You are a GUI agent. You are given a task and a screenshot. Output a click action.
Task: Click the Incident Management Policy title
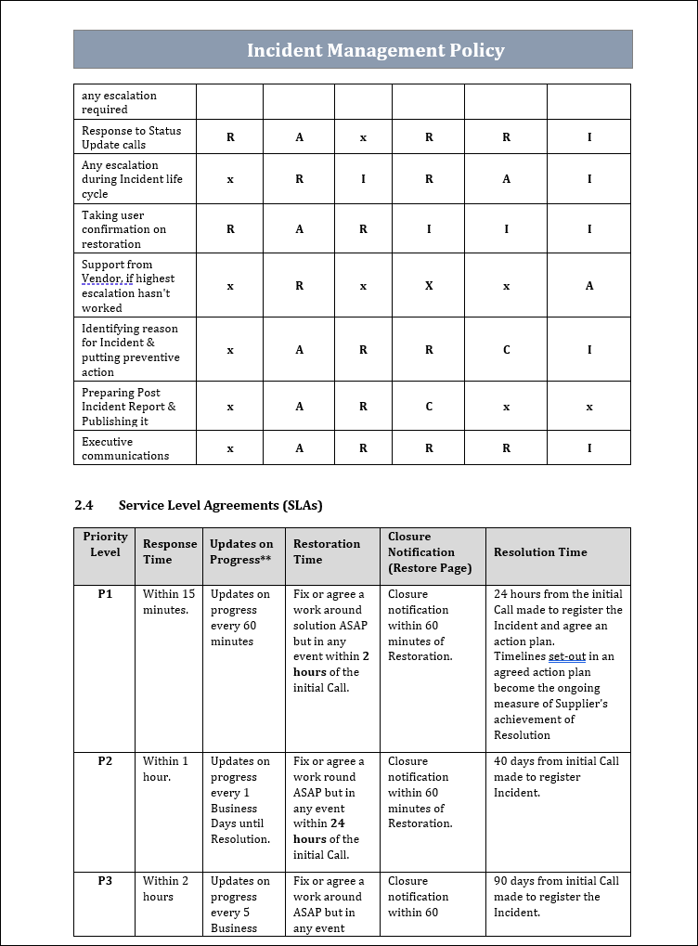click(375, 50)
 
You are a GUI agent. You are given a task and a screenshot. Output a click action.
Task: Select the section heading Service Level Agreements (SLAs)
click(220, 505)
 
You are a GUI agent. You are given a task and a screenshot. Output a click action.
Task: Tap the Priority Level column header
click(105, 544)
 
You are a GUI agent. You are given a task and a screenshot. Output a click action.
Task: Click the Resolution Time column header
click(540, 552)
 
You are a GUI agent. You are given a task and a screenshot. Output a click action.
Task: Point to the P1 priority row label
click(105, 594)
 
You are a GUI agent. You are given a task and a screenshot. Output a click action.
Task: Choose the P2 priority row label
click(105, 761)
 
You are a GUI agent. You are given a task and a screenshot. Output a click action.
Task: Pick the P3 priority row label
click(105, 881)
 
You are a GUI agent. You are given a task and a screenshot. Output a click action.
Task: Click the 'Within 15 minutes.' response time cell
click(168, 602)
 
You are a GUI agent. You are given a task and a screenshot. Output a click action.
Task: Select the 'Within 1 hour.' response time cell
click(165, 769)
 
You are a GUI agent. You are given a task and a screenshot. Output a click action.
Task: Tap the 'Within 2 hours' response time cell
click(165, 888)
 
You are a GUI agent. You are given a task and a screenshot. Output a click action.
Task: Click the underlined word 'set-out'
click(566, 656)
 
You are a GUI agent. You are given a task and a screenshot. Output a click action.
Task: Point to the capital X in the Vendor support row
click(429, 286)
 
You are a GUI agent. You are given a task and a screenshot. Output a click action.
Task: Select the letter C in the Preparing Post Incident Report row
click(429, 407)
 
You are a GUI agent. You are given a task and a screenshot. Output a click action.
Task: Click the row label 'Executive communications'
click(125, 448)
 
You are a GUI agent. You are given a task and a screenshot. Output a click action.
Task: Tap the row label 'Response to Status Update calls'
click(131, 137)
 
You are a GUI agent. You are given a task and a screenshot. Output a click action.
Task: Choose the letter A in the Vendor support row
click(589, 286)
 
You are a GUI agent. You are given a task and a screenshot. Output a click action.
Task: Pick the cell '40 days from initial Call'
click(556, 761)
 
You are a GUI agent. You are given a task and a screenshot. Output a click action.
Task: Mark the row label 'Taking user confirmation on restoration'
click(123, 229)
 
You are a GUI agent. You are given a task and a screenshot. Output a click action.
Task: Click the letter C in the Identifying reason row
click(506, 350)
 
